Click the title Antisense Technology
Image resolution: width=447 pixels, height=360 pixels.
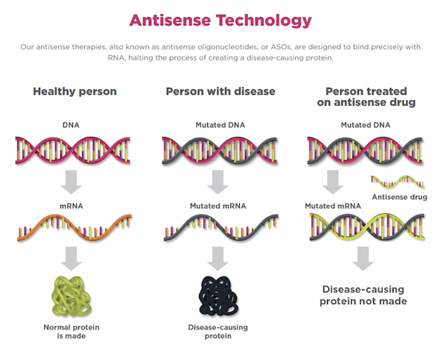(221, 21)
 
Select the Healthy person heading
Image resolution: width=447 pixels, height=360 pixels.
(74, 92)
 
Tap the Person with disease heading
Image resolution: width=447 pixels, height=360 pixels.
(221, 92)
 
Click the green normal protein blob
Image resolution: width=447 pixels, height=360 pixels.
(72, 296)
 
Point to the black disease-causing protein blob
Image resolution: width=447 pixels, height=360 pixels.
(218, 296)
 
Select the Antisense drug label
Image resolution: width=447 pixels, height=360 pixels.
(399, 197)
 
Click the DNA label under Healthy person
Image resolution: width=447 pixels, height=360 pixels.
(71, 125)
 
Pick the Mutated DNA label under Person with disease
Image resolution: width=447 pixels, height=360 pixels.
(220, 125)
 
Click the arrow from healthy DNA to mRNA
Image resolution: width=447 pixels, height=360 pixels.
(72, 182)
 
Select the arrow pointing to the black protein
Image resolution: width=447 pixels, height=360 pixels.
(218, 259)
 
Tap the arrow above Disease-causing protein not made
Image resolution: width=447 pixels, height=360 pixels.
(363, 259)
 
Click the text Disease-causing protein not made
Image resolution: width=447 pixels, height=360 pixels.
(364, 295)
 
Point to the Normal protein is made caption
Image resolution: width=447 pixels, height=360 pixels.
(72, 332)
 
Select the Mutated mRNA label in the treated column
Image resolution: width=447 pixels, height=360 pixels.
(333, 206)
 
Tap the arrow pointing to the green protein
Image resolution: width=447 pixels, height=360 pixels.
(72, 259)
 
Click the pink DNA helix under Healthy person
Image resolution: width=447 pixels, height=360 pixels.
(73, 151)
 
